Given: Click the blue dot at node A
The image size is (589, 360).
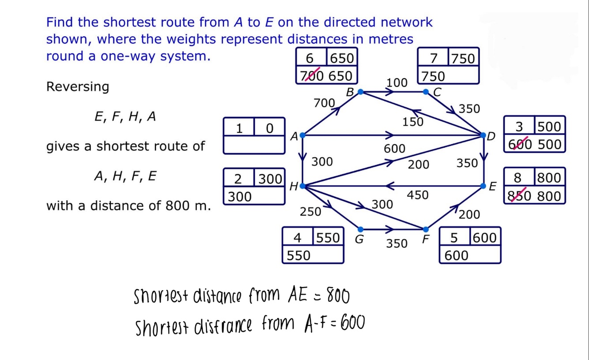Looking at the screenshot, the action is tap(302, 135).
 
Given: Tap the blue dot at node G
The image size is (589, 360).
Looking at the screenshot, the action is tap(360, 229).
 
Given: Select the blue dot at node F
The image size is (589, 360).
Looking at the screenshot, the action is tap(426, 229).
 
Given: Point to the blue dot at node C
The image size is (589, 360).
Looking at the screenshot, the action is tap(426, 92).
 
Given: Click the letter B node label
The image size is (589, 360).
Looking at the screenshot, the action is tap(350, 93).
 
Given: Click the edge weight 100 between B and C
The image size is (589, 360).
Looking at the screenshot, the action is tap(397, 82).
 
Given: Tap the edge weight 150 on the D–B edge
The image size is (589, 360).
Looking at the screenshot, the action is tap(413, 121).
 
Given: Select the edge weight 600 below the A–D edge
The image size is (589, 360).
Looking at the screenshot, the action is tap(394, 149).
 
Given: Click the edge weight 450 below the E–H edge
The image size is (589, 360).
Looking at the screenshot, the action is tap(417, 195).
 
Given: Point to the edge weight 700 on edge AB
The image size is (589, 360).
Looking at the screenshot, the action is tap(324, 103).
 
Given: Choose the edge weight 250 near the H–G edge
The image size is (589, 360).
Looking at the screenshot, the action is tap(310, 212).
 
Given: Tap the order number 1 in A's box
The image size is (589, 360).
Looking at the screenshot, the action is tap(239, 128).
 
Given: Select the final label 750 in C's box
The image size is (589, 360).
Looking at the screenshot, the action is tap(463, 59).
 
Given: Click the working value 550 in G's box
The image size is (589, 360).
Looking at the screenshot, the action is tap(298, 255).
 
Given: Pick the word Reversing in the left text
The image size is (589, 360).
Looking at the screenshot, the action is tap(77, 86).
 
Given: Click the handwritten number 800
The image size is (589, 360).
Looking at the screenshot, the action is tap(338, 296).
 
